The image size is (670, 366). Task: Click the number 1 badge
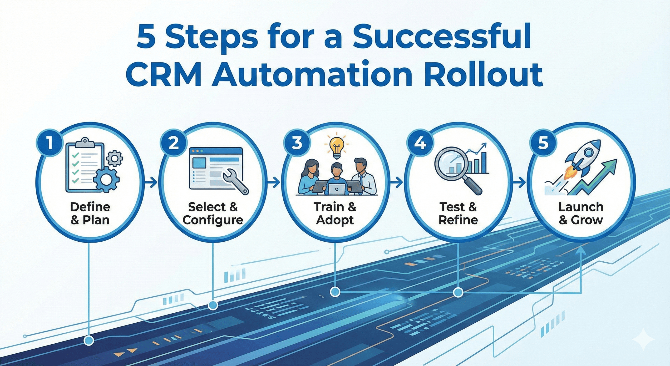pyautogui.click(x=50, y=144)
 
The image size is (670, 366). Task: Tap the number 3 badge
pyautogui.click(x=297, y=143)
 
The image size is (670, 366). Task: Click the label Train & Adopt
pyautogui.click(x=335, y=213)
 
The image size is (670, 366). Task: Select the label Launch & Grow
pyautogui.click(x=581, y=213)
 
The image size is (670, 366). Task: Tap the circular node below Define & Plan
pyautogui.click(x=89, y=340)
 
